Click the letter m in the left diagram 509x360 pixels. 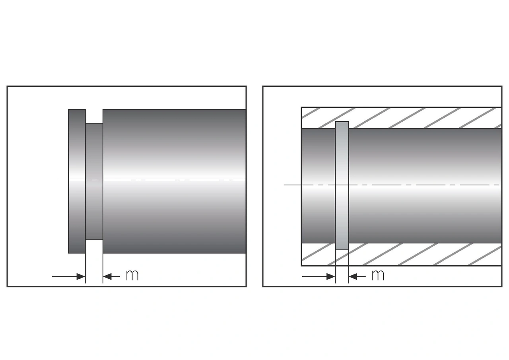pos(132,275)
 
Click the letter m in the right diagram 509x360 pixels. pos(378,275)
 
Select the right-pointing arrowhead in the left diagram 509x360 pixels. pos(81,276)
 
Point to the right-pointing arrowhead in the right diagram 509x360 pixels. pos(330,276)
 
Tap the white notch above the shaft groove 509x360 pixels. pos(94,116)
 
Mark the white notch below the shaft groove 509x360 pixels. pos(94,246)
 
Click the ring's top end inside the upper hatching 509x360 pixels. pos(342,125)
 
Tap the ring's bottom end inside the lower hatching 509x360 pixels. pos(342,247)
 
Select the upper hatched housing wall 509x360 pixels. pos(418,117)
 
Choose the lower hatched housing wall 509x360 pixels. pos(418,255)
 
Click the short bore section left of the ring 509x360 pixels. pos(318,159)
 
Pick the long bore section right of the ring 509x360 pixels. pos(425,159)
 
